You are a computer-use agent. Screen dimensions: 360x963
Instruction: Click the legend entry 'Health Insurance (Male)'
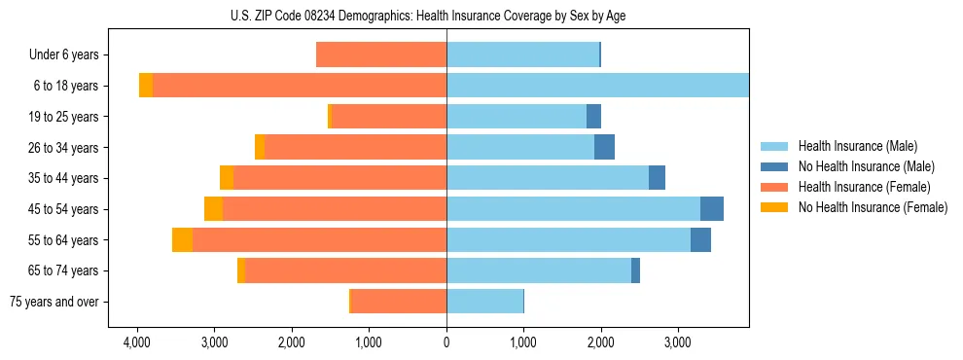[857, 146]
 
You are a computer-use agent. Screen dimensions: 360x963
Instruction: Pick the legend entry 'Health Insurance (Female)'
[864, 187]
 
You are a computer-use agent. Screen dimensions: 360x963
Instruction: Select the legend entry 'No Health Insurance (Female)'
[873, 207]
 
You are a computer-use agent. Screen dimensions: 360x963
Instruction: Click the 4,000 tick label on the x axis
[137, 342]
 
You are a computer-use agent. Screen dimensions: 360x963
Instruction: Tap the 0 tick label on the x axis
[446, 342]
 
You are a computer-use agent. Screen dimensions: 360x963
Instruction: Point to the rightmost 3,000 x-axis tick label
[678, 342]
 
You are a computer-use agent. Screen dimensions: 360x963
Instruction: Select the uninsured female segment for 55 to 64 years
[182, 239]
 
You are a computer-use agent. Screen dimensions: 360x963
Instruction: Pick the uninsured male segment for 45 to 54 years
[712, 209]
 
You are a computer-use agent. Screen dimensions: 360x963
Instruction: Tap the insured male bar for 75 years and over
[484, 302]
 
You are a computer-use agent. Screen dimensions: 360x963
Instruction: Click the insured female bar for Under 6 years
[381, 55]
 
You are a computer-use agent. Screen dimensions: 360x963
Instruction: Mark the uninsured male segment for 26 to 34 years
[604, 147]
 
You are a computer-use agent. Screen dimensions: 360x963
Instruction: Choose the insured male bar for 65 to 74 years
[539, 270]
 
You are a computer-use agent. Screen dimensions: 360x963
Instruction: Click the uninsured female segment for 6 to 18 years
[146, 86]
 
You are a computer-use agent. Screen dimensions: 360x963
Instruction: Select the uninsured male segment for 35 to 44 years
[657, 178]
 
